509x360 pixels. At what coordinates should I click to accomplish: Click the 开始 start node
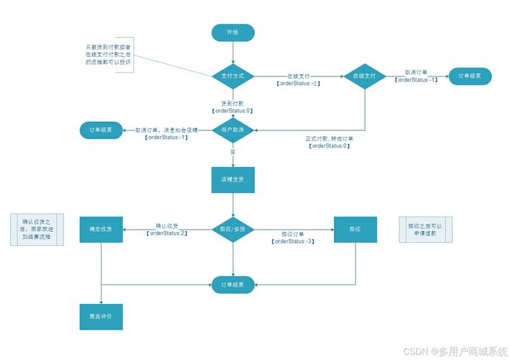coord(233,32)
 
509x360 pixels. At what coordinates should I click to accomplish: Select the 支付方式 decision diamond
coord(233,76)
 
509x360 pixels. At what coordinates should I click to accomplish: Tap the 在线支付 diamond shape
coord(364,76)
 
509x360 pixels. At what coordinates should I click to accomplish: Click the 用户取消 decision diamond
coord(233,130)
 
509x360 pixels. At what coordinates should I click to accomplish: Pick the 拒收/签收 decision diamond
coord(233,229)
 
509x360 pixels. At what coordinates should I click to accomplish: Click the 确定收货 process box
coord(101,229)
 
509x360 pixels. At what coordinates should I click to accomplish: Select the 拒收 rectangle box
coord(355,229)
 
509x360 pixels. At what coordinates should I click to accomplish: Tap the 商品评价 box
coord(101,317)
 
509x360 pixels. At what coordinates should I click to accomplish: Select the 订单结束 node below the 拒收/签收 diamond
coord(233,285)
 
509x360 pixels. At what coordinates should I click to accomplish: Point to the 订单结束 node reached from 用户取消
coord(101,130)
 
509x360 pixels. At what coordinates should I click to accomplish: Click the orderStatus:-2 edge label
coord(298,84)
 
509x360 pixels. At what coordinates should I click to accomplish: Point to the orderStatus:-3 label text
coord(293,242)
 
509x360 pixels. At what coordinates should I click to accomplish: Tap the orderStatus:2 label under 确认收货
coord(167,233)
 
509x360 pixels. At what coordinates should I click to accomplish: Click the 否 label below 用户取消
coord(233,153)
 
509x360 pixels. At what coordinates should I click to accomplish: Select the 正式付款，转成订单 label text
coord(330,138)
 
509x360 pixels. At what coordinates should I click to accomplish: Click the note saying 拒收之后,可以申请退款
coord(425,230)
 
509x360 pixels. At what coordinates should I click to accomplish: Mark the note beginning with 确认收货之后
coord(37,230)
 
